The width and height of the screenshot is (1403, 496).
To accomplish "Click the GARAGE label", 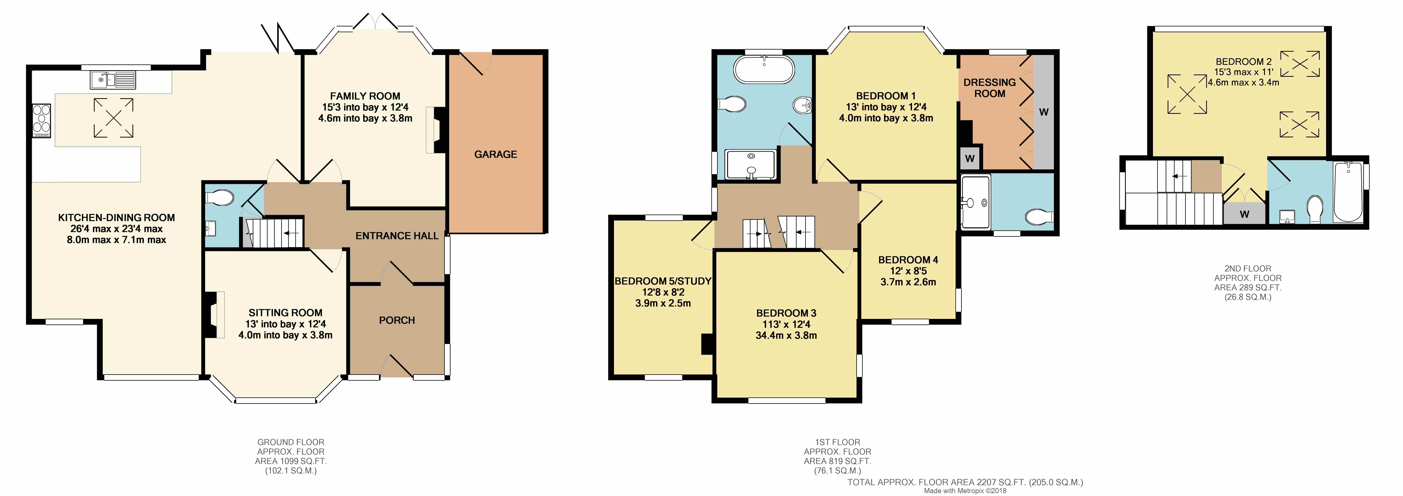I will point(495,154).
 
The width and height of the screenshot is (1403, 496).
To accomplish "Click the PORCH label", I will point(397,320).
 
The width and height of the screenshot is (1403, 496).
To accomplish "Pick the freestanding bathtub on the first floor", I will point(764,69).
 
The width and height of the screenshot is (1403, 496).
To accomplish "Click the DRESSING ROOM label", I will point(989,88).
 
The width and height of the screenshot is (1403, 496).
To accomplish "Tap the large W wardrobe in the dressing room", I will point(1043,112).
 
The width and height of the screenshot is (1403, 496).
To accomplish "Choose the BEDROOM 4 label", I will point(908,260).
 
